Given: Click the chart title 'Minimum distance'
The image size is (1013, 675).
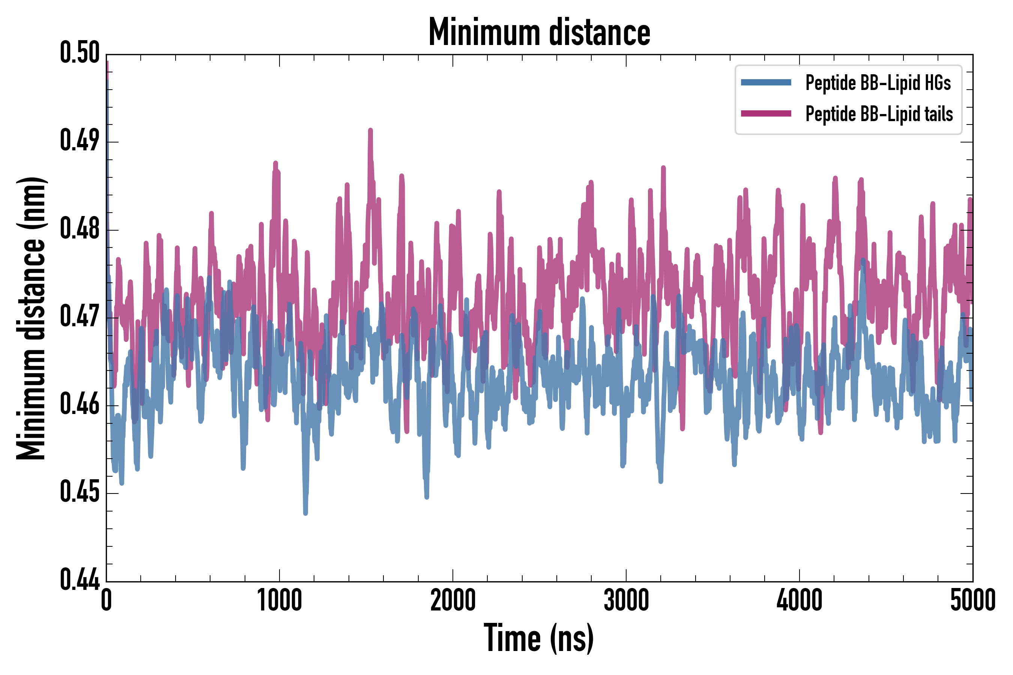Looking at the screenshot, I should (x=539, y=32).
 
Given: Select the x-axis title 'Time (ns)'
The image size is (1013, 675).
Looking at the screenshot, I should (x=539, y=638).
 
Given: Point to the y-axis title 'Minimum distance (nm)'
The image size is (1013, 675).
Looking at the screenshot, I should (x=31, y=318).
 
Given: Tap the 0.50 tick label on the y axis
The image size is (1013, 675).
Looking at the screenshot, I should (x=80, y=53).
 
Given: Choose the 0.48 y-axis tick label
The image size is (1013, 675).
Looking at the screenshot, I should (x=80, y=229).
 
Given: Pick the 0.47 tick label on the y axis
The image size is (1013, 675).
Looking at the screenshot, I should (x=80, y=316).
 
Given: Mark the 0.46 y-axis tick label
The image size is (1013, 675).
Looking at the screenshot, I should (x=80, y=404).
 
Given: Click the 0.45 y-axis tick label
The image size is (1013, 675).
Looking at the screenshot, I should (x=80, y=492).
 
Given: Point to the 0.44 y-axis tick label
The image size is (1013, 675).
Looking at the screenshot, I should (x=80, y=579).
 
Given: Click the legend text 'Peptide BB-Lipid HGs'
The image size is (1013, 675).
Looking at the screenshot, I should (x=878, y=82).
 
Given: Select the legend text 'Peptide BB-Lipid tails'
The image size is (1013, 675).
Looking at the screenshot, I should (x=879, y=114).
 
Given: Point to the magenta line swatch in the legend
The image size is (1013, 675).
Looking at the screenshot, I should (x=766, y=114).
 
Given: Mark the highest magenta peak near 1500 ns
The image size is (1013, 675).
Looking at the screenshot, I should (x=370, y=130).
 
